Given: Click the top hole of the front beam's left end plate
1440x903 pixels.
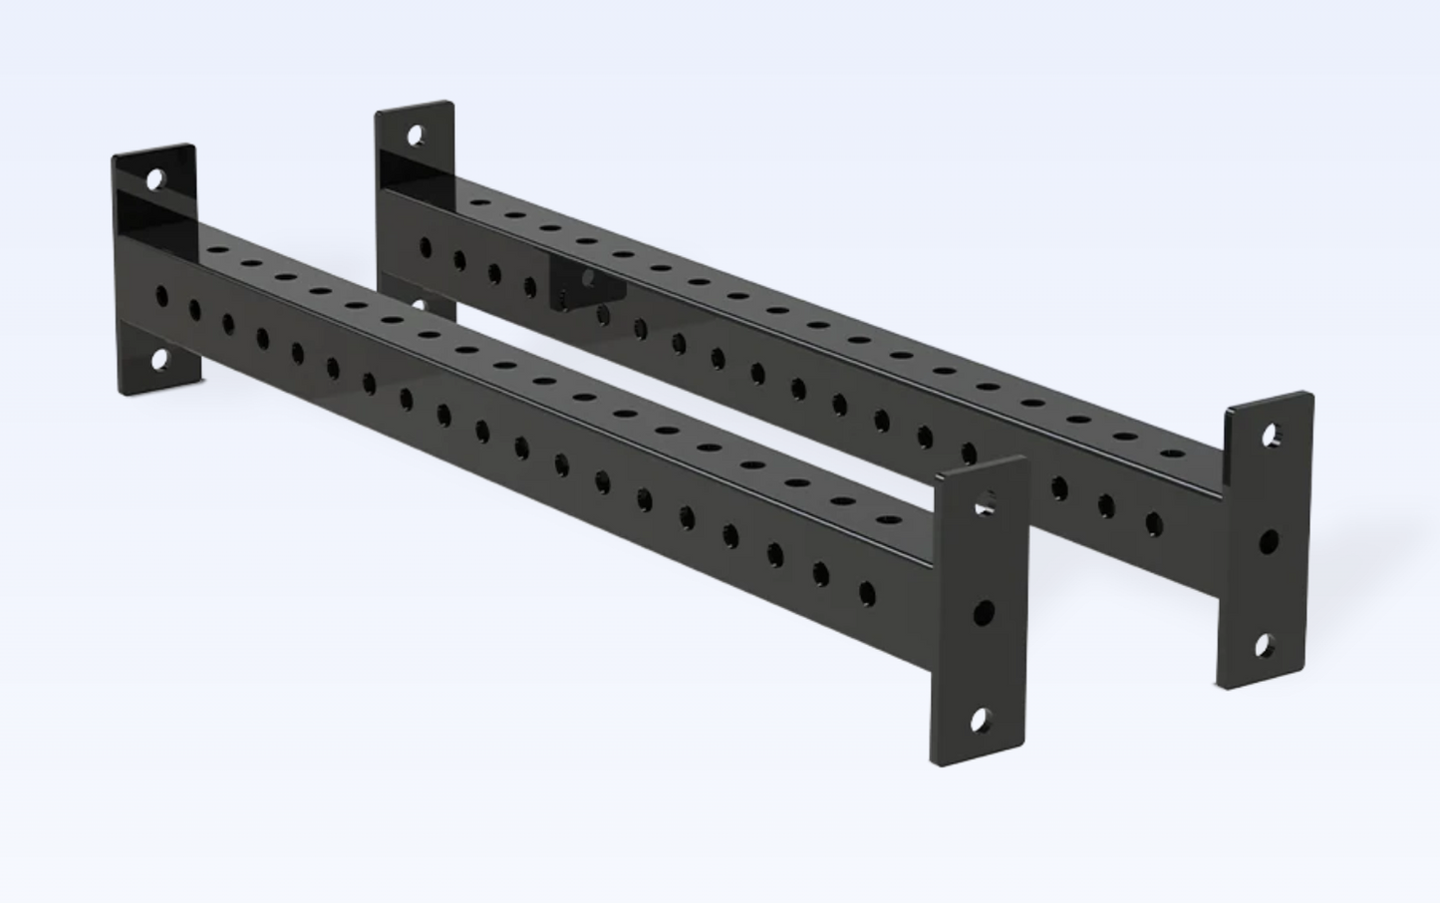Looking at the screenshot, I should click(155, 180).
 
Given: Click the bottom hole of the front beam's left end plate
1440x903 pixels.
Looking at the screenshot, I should click(159, 360).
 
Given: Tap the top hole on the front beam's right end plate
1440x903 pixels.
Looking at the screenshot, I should click(984, 502).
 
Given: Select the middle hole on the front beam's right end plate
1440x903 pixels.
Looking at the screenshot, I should click(984, 611).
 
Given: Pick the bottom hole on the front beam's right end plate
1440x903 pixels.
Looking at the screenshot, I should click(981, 718).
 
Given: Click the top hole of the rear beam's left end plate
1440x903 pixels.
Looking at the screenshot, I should click(414, 135).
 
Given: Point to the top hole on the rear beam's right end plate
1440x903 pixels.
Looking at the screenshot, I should click(1272, 436).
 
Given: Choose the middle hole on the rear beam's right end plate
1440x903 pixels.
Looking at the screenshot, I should click(1269, 542).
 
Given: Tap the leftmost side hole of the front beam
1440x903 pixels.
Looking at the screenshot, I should click(162, 296).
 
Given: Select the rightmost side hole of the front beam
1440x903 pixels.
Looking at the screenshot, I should click(866, 595).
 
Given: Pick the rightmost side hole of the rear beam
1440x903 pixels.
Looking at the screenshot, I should click(1153, 523).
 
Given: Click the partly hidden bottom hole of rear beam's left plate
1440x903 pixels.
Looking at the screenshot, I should click(420, 306).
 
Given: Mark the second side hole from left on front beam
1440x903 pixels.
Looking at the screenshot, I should click(194, 310).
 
